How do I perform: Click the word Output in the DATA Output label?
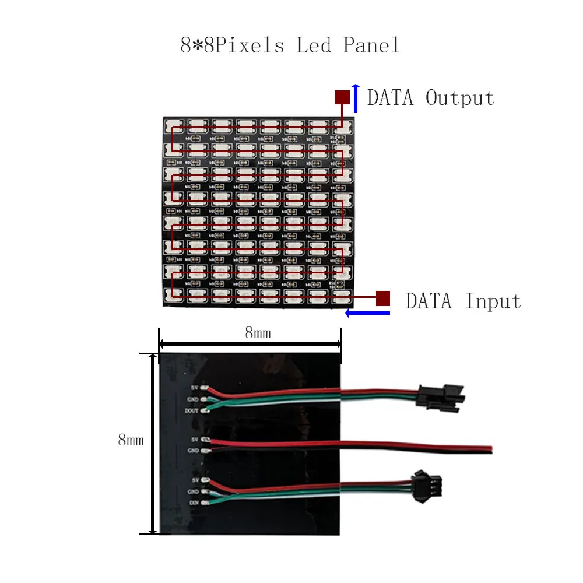459,98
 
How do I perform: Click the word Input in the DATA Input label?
493,301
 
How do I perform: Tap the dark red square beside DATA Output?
342,97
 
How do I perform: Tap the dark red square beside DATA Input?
383,298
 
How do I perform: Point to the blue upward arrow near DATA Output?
356,97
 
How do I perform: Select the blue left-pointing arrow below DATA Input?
367,314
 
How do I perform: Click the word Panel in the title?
371,45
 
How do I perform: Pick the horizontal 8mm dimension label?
258,333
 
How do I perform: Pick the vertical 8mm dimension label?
131,440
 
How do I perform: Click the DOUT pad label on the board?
192,410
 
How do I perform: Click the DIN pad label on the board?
194,502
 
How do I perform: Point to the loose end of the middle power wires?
489,449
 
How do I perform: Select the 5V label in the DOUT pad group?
195,388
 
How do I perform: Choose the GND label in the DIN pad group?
193,491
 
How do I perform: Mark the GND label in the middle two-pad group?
193,451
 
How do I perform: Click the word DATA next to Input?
429,301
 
